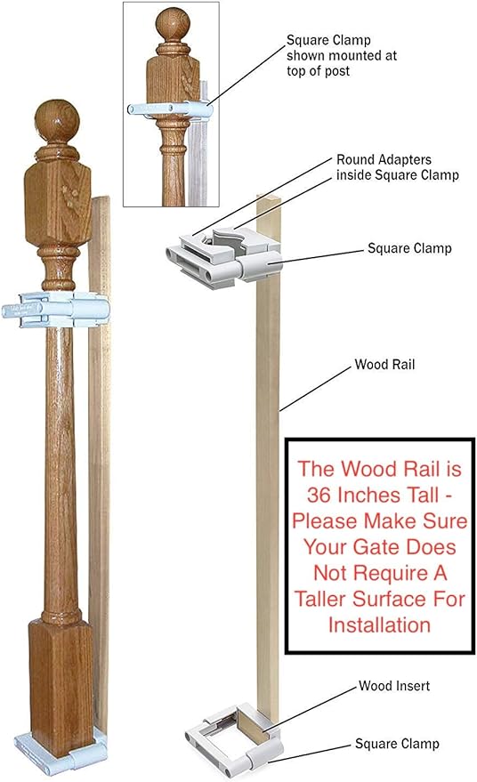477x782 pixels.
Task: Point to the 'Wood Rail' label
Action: click(384, 365)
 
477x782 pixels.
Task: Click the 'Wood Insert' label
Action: click(394, 686)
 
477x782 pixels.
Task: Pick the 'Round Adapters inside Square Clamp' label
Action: click(397, 167)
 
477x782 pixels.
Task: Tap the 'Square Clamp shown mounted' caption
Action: click(342, 55)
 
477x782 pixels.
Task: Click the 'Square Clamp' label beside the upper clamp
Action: click(409, 248)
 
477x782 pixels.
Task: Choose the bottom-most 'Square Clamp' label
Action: click(397, 744)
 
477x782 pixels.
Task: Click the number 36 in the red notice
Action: click(319, 496)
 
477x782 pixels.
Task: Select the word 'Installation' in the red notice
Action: click(379, 625)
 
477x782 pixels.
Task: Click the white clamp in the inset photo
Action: click(170, 109)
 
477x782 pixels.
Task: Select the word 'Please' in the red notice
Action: click(324, 521)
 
